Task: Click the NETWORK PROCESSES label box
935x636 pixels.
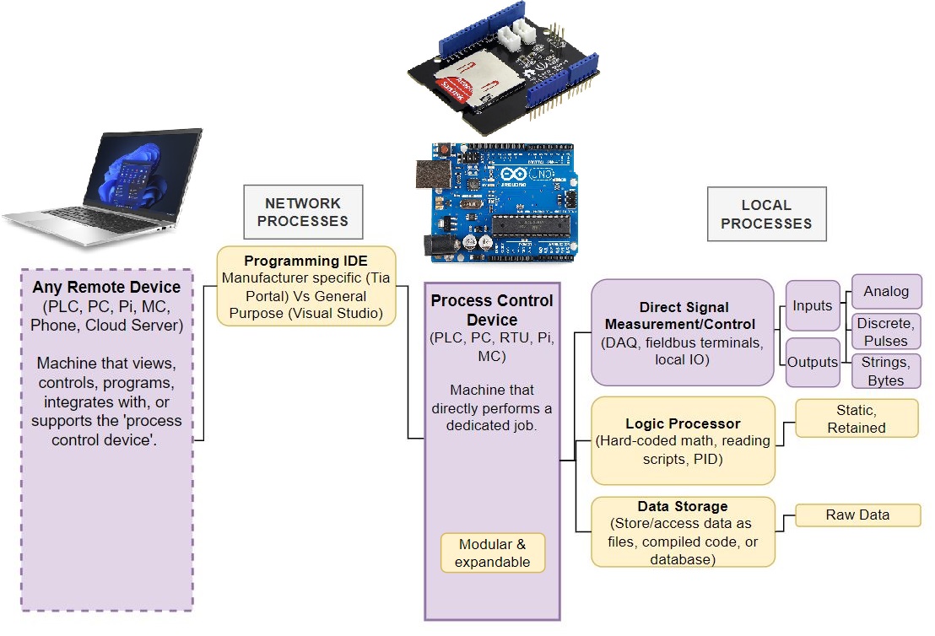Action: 303,212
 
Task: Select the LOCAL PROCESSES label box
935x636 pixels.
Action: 766,214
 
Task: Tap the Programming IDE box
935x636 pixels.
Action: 305,286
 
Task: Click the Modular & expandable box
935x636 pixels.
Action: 492,553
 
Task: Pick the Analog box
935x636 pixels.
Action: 886,292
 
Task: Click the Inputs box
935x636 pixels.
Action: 812,305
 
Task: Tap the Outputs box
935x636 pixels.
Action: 812,362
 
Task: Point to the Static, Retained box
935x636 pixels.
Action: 856,419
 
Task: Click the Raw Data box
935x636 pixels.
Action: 857,515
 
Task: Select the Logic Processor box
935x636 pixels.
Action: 683,440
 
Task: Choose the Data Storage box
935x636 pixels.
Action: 683,531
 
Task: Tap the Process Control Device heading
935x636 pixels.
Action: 492,310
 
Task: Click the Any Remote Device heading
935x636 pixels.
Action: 106,288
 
